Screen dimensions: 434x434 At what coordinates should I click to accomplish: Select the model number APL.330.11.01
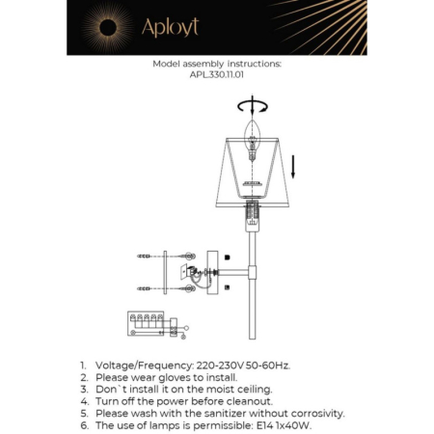(x=217, y=75)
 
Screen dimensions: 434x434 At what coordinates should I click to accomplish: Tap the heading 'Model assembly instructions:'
(x=217, y=64)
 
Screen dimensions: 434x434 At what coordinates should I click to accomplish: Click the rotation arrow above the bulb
(x=255, y=105)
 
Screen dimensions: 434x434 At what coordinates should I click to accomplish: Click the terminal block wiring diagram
(x=149, y=323)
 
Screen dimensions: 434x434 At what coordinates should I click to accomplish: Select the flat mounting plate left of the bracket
(x=166, y=271)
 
